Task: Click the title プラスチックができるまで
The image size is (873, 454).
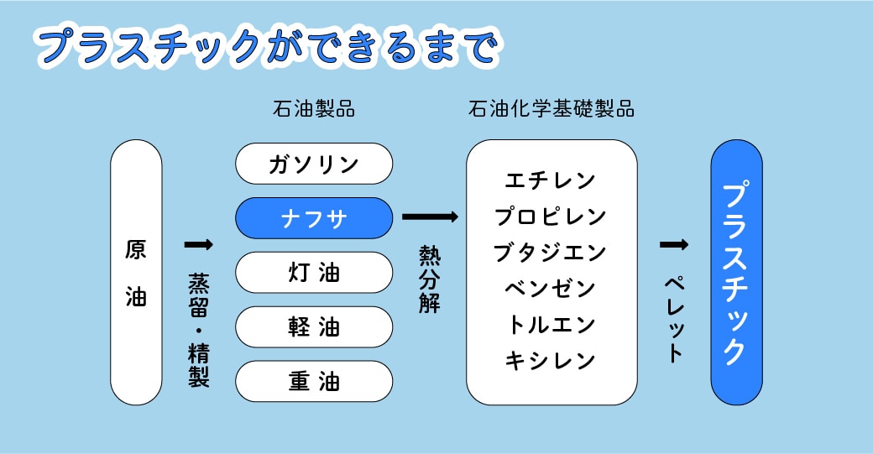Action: [268, 47]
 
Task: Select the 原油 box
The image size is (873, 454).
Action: [136, 273]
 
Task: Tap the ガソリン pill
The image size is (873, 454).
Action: [314, 164]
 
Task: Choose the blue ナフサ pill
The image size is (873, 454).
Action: [314, 218]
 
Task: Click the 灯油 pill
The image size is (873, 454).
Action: [314, 273]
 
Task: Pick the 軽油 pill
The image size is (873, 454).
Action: [314, 327]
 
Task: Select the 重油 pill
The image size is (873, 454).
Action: [314, 382]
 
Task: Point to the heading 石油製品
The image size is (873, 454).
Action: [313, 110]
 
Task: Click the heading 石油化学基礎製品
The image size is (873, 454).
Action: [552, 110]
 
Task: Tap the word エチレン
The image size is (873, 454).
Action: [551, 180]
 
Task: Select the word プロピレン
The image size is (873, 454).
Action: [551, 216]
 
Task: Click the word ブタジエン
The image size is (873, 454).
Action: [551, 252]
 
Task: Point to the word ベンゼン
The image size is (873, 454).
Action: [551, 288]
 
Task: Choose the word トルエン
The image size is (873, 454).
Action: [551, 324]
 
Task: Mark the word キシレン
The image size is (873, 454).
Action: [551, 360]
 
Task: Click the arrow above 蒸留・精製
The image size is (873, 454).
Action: [198, 244]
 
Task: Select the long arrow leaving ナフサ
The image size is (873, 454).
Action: [430, 217]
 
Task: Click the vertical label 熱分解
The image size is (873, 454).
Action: [430, 279]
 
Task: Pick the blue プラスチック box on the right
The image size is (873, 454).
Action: [736, 273]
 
